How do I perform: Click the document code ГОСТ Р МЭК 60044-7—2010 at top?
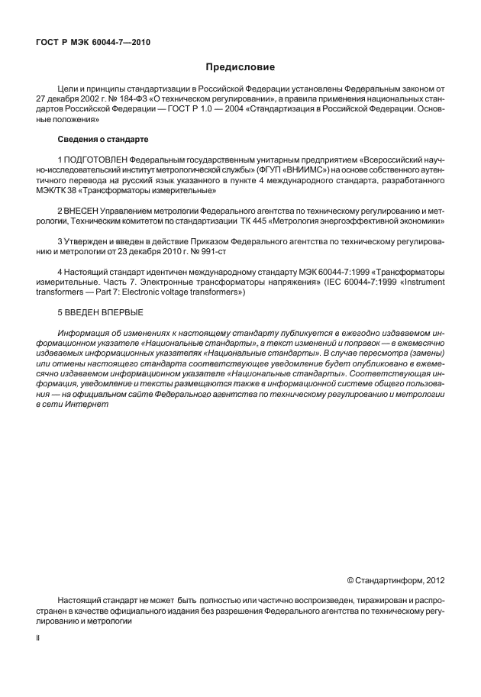coord(93,43)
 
